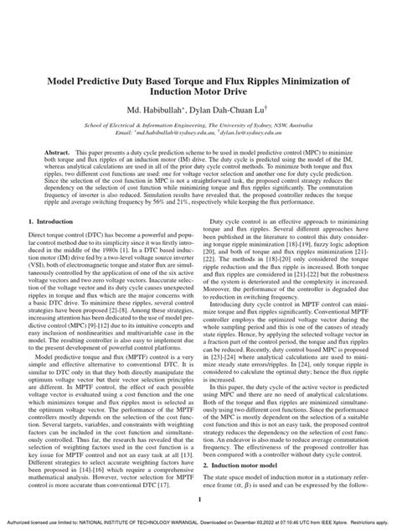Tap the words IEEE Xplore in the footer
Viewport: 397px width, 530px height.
click(x=332, y=521)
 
